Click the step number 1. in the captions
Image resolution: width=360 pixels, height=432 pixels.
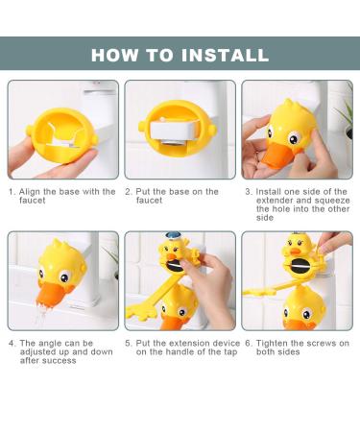[12, 191]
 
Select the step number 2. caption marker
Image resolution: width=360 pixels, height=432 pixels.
[128, 191]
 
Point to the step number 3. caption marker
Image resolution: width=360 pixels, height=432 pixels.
[247, 191]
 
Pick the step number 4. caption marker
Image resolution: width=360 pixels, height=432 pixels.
[12, 343]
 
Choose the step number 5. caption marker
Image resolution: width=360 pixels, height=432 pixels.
[128, 343]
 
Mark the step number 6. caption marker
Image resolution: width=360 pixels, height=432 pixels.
[247, 343]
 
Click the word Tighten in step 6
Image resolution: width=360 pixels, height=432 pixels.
[273, 343]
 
